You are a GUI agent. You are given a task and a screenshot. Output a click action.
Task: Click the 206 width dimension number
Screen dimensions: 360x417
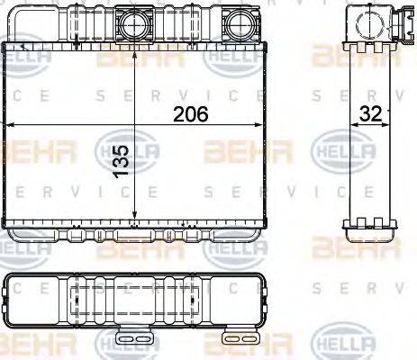[190, 114]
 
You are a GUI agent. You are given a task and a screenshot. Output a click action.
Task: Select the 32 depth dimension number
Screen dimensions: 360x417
[368, 114]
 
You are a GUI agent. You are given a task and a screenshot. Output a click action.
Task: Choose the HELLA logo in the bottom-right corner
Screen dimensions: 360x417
[342, 343]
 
